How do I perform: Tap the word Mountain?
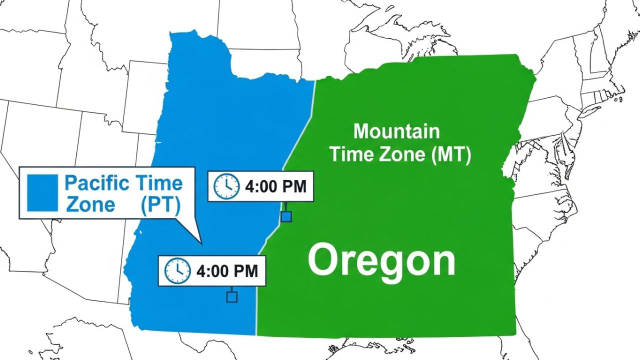(396, 131)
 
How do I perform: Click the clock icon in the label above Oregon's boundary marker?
(226, 186)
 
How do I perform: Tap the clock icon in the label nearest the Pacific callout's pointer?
(177, 271)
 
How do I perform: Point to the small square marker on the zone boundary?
(286, 216)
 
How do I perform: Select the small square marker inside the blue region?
(231, 297)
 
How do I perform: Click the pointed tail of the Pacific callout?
(201, 243)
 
